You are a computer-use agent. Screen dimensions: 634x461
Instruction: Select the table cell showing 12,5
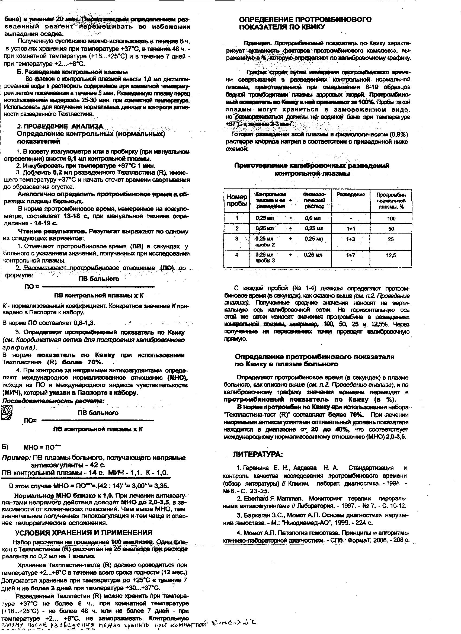click(x=391, y=255)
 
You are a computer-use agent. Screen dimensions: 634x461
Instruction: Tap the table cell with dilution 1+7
click(x=350, y=255)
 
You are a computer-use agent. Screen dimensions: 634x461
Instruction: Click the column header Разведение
click(x=351, y=194)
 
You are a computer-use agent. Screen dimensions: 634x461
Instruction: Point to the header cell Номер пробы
click(x=236, y=200)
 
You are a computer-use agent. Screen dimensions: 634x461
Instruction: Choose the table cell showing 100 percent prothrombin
click(x=391, y=219)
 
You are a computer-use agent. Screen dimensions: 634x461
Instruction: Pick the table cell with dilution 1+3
click(x=350, y=239)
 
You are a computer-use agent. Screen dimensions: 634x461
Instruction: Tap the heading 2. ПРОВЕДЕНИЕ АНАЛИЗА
click(x=60, y=126)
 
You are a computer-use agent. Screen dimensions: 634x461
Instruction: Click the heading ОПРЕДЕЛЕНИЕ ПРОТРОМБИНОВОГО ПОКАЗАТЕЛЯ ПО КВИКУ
click(x=305, y=23)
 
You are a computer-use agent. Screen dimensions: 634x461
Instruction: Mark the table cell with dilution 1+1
click(x=350, y=229)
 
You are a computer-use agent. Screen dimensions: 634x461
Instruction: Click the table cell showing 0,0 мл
click(x=313, y=218)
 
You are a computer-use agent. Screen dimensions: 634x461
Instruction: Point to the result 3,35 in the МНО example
click(x=162, y=486)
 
